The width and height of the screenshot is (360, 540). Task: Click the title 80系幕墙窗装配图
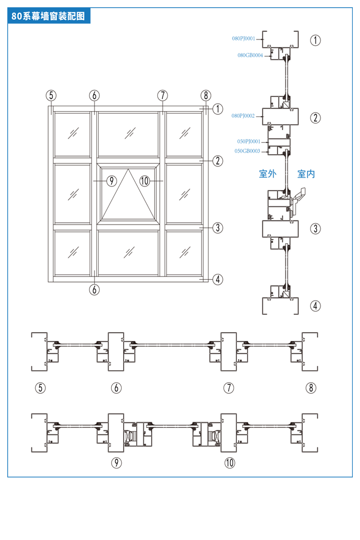[x=48, y=17]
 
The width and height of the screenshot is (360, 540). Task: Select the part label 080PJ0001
[x=243, y=39]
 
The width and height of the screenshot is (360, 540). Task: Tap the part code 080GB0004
[x=250, y=55]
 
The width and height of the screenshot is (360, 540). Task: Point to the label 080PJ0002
[x=243, y=116]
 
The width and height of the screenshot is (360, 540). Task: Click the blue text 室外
[x=267, y=174]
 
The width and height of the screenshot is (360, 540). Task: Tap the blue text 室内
[x=306, y=174]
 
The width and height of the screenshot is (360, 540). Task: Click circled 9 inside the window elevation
[x=111, y=181]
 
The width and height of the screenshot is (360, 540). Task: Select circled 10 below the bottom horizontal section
[x=229, y=462]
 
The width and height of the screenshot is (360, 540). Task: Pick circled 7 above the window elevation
[x=162, y=95]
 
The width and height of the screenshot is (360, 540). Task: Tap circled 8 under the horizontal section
[x=311, y=387]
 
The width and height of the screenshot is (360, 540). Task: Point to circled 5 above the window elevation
[x=51, y=95]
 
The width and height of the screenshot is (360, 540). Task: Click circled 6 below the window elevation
[x=94, y=289]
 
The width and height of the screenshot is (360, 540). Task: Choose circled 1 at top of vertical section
[x=315, y=40]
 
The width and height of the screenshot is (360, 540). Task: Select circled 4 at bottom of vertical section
[x=315, y=306]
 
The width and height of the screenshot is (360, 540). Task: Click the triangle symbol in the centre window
[x=128, y=193]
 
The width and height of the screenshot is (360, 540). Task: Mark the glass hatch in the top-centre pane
[x=130, y=133]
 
